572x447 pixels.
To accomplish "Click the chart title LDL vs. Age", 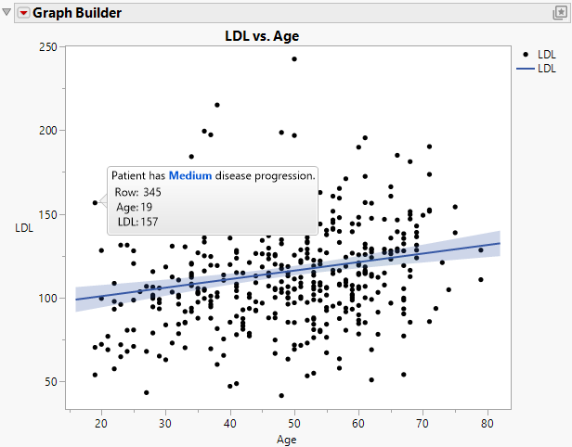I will click(x=262, y=36).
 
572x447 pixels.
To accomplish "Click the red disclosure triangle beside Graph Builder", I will click(x=23, y=14).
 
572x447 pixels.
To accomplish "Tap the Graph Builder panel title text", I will click(x=77, y=14).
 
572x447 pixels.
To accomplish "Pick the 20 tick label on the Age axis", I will click(x=100, y=423).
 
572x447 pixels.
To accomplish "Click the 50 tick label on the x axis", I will click(x=294, y=423).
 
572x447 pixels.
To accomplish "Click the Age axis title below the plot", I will click(x=292, y=440).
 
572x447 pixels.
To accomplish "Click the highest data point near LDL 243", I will click(x=294, y=58).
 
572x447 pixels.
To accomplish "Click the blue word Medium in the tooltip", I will click(x=190, y=175).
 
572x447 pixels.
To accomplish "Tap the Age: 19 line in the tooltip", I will click(x=134, y=207).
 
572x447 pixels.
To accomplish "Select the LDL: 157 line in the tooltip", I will click(x=136, y=222).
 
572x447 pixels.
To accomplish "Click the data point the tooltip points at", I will click(x=95, y=202).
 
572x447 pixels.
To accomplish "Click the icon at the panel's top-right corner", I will click(x=560, y=13).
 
